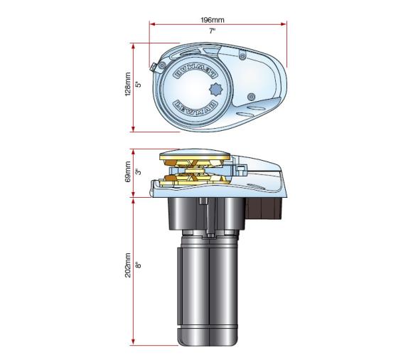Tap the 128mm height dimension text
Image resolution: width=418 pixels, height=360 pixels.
coord(128,87)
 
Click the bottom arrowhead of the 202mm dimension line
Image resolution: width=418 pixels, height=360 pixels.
coord(134,343)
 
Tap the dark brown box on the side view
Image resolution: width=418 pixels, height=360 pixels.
coord(267,209)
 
